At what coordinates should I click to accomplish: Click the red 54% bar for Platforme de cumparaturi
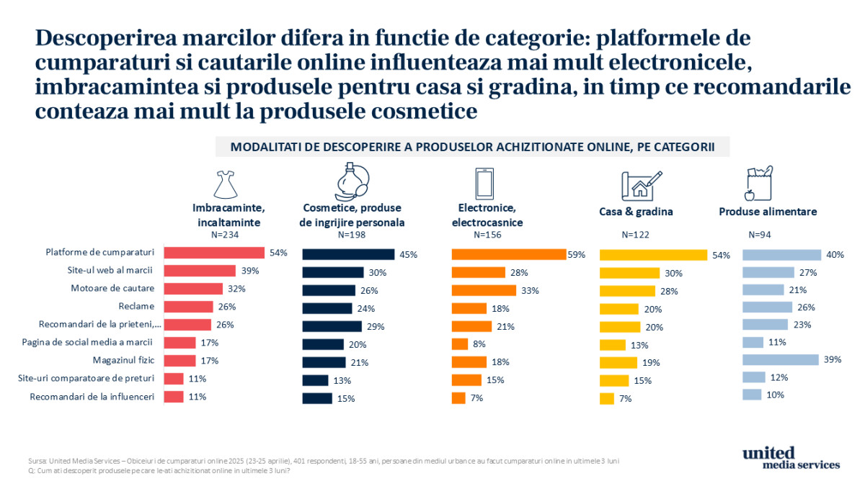[x=214, y=253]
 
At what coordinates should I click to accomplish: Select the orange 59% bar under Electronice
[x=508, y=254]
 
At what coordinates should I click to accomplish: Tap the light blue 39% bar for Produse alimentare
[x=781, y=359]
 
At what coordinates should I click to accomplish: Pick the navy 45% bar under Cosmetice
[x=348, y=254]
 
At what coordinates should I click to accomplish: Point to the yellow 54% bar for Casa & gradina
[x=654, y=255]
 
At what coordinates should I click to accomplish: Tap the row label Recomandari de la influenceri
[x=93, y=396]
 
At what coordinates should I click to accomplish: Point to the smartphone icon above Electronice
[x=484, y=184]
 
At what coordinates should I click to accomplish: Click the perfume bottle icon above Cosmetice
[x=351, y=181]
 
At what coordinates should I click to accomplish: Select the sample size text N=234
[x=224, y=235]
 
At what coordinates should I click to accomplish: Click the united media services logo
[x=791, y=458]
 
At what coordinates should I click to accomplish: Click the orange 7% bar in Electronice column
[x=458, y=397]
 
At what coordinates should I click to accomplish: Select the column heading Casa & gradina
[x=636, y=212]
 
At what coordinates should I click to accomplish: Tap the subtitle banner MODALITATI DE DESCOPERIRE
[x=472, y=147]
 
